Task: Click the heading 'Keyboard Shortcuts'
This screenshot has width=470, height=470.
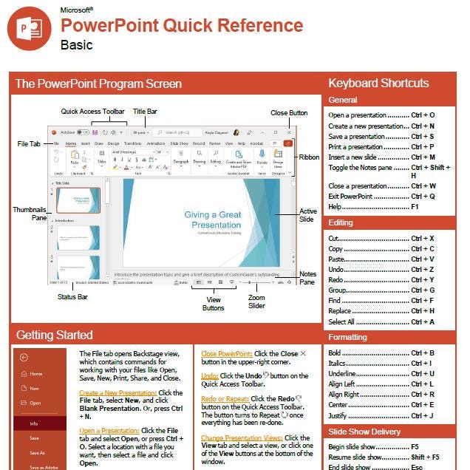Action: click(378, 83)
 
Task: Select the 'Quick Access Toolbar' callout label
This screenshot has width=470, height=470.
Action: click(92, 112)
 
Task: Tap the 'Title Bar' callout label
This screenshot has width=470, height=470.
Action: click(144, 112)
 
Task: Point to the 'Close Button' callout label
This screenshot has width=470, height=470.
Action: click(288, 114)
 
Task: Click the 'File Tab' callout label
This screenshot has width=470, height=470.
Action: click(30, 143)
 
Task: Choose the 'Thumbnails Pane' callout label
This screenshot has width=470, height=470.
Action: click(30, 214)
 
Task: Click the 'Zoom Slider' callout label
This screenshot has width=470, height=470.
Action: click(256, 302)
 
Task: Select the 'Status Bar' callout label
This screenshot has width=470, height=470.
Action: click(72, 297)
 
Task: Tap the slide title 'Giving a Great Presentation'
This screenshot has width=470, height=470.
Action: click(213, 219)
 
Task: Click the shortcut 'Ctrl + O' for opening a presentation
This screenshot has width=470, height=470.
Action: click(423, 115)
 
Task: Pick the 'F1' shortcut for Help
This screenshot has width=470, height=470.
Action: click(415, 208)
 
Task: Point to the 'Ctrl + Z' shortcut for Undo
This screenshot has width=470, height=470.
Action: click(423, 270)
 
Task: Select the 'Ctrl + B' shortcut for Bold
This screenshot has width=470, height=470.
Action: click(423, 353)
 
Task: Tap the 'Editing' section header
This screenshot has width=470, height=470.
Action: click(341, 222)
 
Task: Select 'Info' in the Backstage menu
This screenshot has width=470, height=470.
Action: click(34, 423)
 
